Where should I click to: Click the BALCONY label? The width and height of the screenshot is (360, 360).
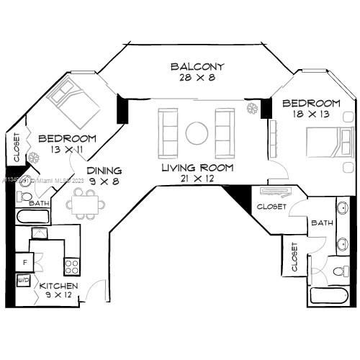click(x=196, y=67)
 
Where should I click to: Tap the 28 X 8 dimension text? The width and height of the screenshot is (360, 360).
click(x=196, y=78)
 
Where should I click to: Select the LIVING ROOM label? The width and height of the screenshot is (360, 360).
click(x=197, y=167)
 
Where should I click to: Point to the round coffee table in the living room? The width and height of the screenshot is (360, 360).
click(x=197, y=133)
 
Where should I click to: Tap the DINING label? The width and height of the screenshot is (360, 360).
click(x=104, y=171)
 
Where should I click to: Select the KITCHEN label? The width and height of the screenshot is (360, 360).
click(x=59, y=286)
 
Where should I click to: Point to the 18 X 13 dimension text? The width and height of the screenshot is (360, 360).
click(x=311, y=114)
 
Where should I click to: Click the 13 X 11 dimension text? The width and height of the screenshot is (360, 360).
click(x=67, y=150)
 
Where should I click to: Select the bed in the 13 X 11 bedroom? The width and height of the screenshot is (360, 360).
click(x=73, y=102)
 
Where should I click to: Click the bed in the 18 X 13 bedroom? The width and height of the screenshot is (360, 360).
click(x=328, y=143)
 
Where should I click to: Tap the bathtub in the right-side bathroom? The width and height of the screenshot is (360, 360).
click(x=330, y=296)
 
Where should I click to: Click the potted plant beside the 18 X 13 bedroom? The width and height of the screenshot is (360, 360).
click(x=252, y=109)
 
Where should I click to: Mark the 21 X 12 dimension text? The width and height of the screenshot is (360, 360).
click(x=197, y=179)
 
